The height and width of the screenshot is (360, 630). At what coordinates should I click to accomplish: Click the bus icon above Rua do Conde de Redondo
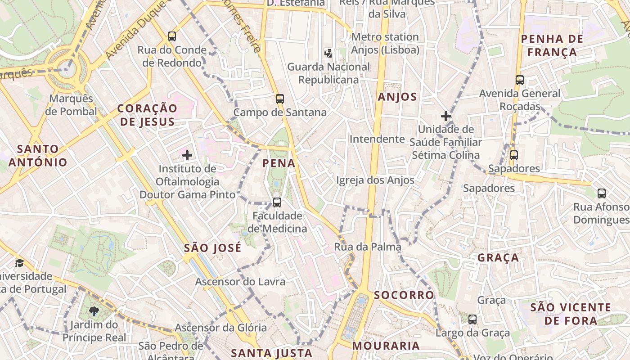coord(171,36)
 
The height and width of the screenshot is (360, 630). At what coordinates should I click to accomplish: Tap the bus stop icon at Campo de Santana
coord(280,99)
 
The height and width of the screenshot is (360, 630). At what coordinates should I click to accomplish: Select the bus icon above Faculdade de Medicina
coord(277,202)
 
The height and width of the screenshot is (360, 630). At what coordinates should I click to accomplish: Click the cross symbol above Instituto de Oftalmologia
coord(187,156)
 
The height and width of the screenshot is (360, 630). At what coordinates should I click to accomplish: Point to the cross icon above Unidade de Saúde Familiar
coord(446,116)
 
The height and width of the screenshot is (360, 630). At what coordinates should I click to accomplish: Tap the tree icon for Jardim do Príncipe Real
coord(94,310)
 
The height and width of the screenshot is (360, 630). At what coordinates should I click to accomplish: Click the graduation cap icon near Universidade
coord(19,263)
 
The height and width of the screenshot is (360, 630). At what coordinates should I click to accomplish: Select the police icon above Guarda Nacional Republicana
coord(328,53)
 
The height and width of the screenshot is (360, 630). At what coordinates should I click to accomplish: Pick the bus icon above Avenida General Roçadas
coord(520,80)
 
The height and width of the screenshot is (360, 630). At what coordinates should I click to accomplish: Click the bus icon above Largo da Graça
coord(472,319)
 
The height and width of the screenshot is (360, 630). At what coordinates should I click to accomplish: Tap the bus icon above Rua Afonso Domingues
coord(602,193)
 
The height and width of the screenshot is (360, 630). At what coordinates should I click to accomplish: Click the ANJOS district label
coord(397,97)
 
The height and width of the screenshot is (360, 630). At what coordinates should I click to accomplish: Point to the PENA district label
coord(279,163)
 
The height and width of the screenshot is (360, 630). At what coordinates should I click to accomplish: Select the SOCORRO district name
coord(404,295)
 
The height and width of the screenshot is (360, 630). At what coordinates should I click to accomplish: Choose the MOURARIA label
coord(386,346)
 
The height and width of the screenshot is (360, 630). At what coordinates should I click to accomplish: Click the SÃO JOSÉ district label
coord(213,248)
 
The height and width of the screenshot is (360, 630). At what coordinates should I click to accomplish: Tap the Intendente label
coord(377,139)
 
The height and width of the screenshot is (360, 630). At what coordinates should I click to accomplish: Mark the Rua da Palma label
coord(367,247)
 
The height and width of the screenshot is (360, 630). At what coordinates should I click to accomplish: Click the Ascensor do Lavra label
coord(240,282)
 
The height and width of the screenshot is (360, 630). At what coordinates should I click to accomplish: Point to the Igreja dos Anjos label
coord(375,180)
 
